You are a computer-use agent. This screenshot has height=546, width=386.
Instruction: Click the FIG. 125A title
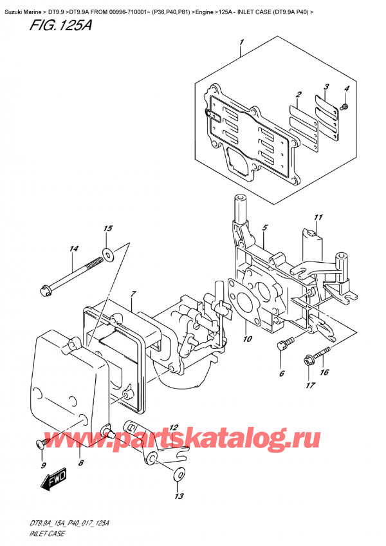(x=37, y=28)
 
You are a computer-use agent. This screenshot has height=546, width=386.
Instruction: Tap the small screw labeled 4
(x=345, y=105)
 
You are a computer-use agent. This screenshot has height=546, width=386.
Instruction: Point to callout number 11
(x=317, y=217)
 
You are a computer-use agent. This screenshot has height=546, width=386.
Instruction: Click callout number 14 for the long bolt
(x=74, y=249)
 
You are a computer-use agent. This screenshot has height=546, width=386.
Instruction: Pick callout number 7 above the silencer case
(x=133, y=294)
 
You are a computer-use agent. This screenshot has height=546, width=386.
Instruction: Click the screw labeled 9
(x=40, y=443)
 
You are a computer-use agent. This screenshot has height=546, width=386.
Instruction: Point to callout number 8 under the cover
(x=80, y=462)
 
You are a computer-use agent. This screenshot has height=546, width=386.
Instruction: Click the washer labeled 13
(x=178, y=476)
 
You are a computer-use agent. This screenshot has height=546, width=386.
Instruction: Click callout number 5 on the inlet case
(x=264, y=227)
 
